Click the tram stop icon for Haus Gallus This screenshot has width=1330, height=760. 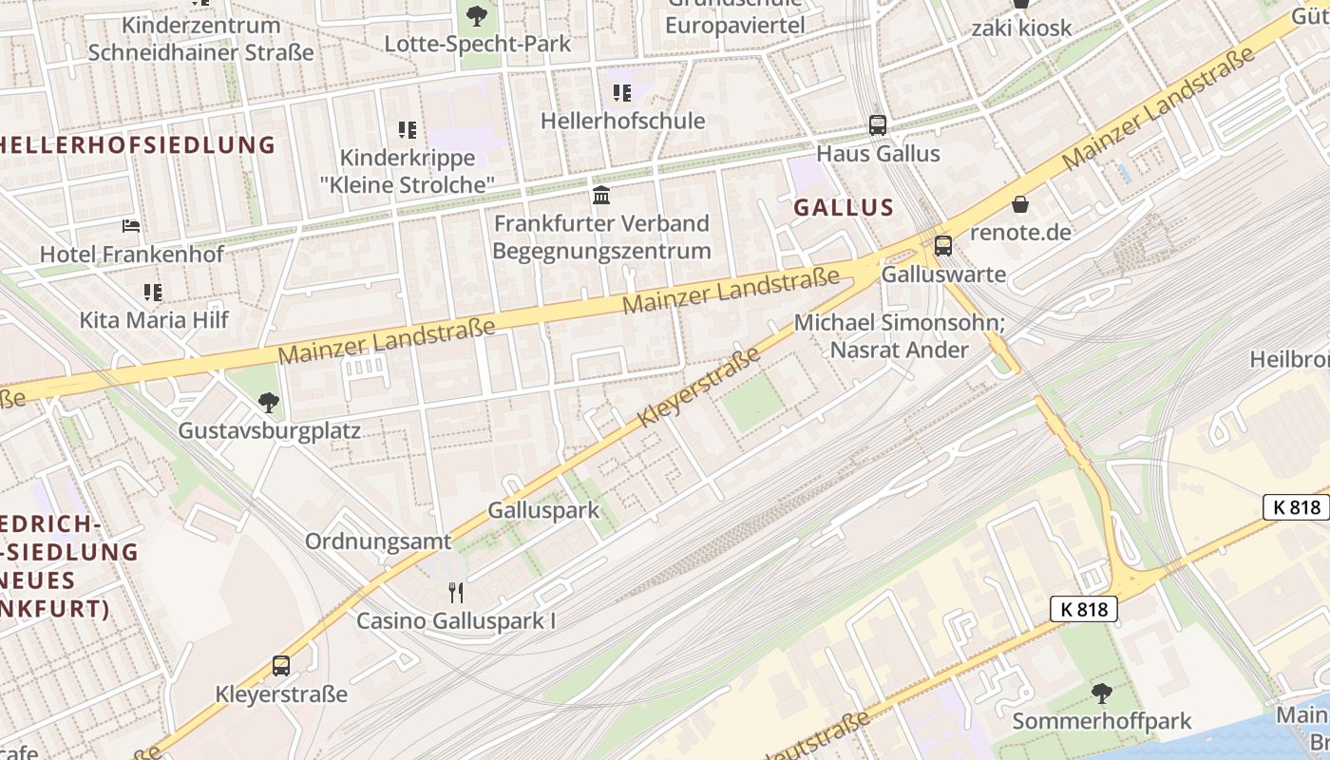pos(878,124)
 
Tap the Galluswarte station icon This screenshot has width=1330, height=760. pos(942,245)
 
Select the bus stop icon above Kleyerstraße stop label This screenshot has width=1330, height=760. pos(281,665)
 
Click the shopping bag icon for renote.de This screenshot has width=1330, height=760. pos(1020,204)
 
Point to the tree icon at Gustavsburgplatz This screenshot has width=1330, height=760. pos(269,403)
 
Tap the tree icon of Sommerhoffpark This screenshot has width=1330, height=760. pos(1101,693)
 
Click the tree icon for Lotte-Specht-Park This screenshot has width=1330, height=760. pos(477,15)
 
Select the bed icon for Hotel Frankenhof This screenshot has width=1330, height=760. pos(132,226)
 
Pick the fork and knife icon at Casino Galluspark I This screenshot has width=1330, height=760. pos(456,593)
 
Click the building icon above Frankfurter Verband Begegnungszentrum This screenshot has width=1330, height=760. pos(601,195)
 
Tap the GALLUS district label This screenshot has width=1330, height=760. pos(844,207)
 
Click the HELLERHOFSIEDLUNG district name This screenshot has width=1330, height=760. pos(138,145)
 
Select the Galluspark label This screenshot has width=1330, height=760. pos(543,510)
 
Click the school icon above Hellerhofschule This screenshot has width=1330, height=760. pos(622,92)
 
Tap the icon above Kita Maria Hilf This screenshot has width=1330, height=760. pos(153,292)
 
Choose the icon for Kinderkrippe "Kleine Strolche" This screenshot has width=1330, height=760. pos(408,129)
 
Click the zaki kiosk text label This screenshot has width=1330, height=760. pos(1021,28)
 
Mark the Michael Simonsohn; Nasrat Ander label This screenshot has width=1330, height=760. pos(899,336)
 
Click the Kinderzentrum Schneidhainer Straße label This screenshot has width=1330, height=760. pos(200,39)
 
